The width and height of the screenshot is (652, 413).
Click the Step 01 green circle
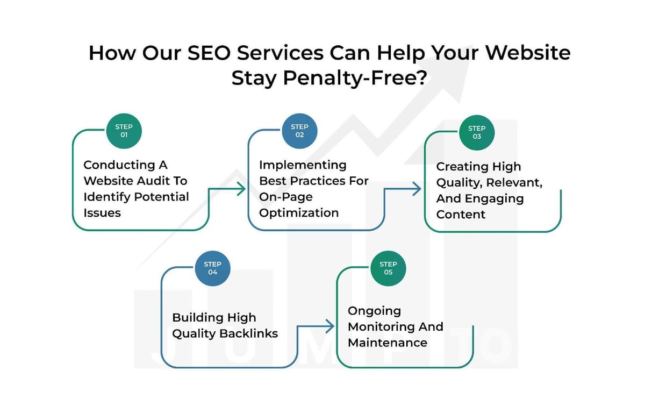124,131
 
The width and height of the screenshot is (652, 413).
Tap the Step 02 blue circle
299,131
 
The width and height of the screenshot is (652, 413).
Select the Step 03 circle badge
476,132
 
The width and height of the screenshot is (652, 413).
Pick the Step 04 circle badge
212,268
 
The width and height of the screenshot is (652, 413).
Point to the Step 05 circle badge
388,268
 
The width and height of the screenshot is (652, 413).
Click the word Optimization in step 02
299,213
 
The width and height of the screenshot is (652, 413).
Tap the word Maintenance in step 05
387,343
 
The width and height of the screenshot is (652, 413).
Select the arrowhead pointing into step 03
417,189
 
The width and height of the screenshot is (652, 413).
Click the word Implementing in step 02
303,165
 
